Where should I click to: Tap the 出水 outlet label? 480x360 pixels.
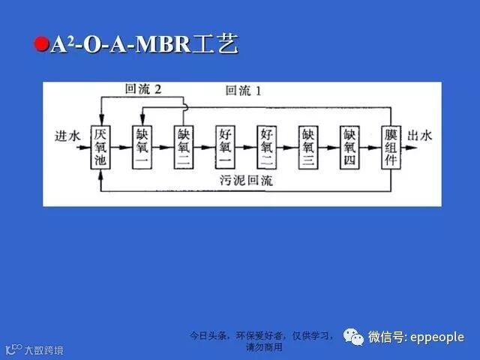(x=420, y=136)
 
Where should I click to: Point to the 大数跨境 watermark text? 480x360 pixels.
(x=43, y=350)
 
